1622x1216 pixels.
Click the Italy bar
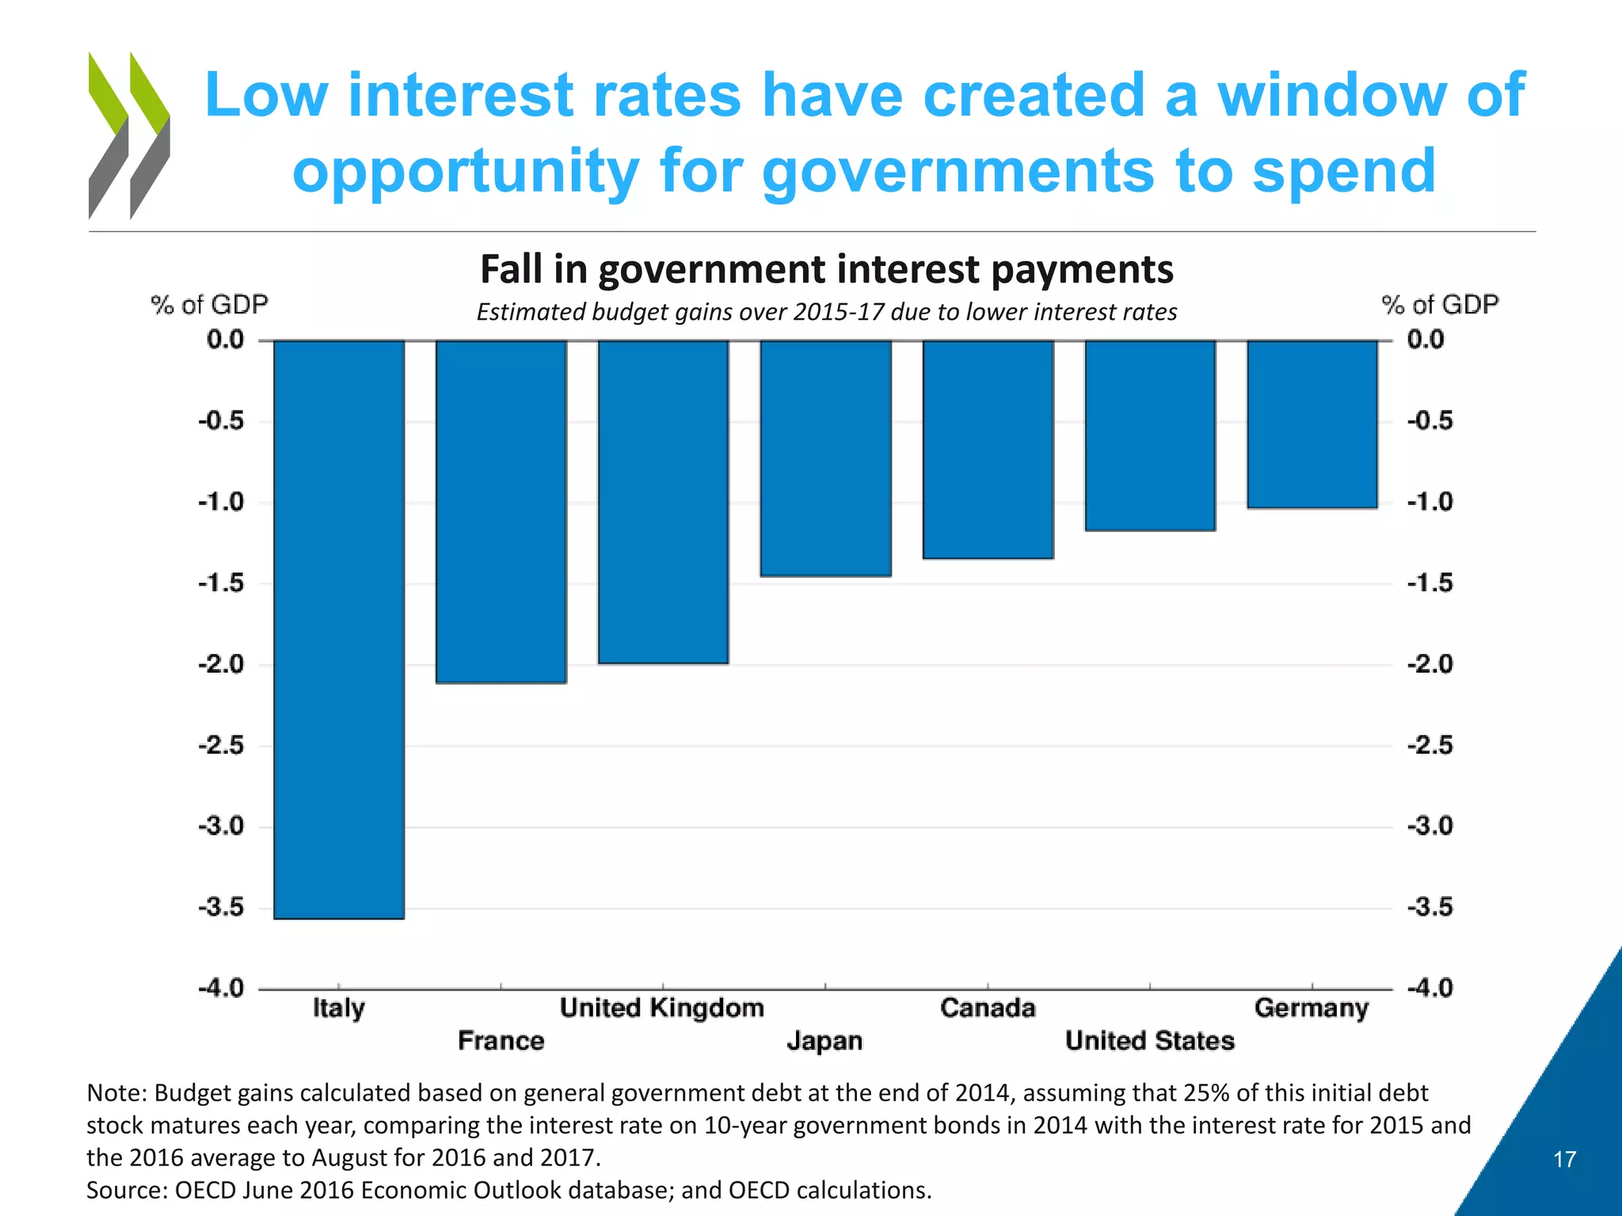click(339, 629)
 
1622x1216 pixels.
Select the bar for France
click(501, 511)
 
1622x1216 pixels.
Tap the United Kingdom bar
click(663, 502)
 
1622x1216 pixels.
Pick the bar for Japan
click(825, 458)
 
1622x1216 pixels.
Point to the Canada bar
click(988, 449)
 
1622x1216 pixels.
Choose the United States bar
click(1150, 435)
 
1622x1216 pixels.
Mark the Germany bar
click(1312, 424)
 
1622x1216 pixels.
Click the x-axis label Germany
click(1311, 1008)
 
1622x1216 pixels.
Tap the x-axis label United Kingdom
click(661, 1008)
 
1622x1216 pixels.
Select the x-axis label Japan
click(824, 1040)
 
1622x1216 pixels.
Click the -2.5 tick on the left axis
click(221, 745)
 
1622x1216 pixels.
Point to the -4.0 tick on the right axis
click(1430, 988)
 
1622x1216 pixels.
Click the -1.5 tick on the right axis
click(1430, 583)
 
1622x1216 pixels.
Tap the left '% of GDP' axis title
click(209, 304)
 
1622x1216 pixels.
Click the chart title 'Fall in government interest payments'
click(826, 269)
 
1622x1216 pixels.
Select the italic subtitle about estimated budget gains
click(826, 312)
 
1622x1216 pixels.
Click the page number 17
click(1564, 1159)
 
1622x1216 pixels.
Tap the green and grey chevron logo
click(129, 135)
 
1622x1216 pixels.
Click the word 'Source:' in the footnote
click(126, 1190)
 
